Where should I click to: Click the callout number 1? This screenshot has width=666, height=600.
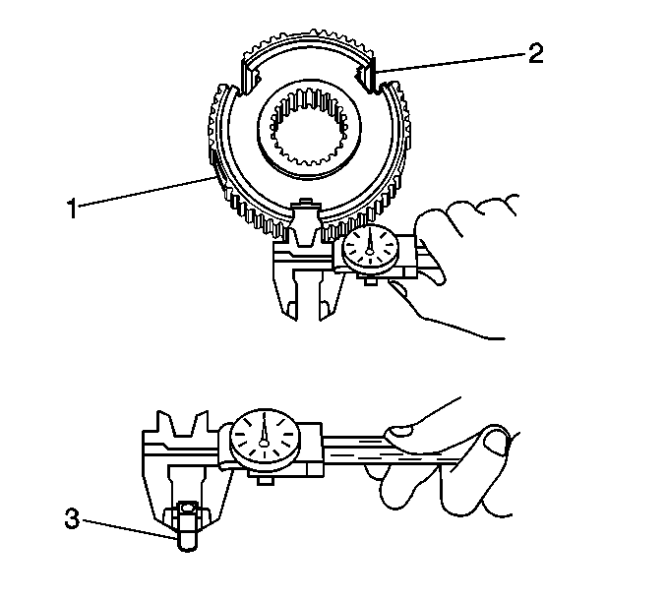pyautogui.click(x=73, y=209)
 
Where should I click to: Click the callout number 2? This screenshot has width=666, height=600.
pyautogui.click(x=535, y=54)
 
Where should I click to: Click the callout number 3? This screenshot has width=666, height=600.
pyautogui.click(x=72, y=518)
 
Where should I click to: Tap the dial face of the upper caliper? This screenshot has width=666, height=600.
pyautogui.click(x=370, y=251)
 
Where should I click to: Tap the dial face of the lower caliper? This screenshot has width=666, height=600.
pyautogui.click(x=265, y=441)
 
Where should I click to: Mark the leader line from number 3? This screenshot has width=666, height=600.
pyautogui.click(x=129, y=528)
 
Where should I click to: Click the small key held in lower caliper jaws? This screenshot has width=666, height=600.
pyautogui.click(x=187, y=525)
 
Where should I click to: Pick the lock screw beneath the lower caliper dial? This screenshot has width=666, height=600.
pyautogui.click(x=266, y=480)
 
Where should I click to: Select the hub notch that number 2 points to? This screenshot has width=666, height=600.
pyautogui.click(x=365, y=77)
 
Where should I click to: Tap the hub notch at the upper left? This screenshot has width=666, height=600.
pyautogui.click(x=252, y=78)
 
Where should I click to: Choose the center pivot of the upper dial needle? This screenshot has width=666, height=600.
pyautogui.click(x=369, y=252)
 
